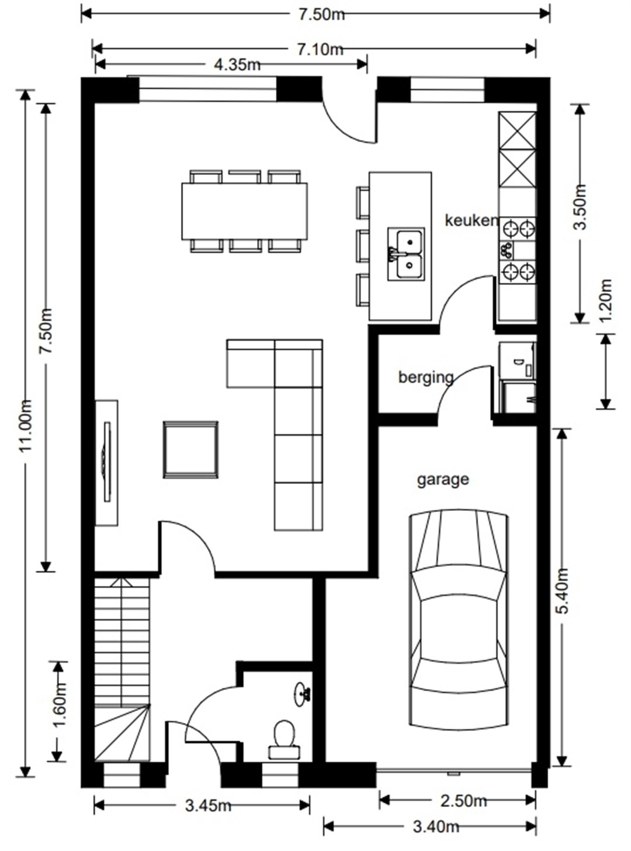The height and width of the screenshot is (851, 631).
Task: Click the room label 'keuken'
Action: click(471, 220)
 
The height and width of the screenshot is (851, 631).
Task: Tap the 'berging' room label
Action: click(426, 377)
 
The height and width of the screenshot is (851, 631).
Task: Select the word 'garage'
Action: click(443, 479)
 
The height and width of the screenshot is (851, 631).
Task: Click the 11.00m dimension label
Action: click(26, 426)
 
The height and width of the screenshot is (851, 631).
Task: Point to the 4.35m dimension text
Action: click(237, 65)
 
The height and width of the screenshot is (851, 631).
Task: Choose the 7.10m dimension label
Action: click(321, 49)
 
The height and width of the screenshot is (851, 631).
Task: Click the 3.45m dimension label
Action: click(208, 803)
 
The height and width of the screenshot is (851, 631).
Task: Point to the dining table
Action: click(244, 211)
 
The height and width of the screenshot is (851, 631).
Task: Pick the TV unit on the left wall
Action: click(107, 463)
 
